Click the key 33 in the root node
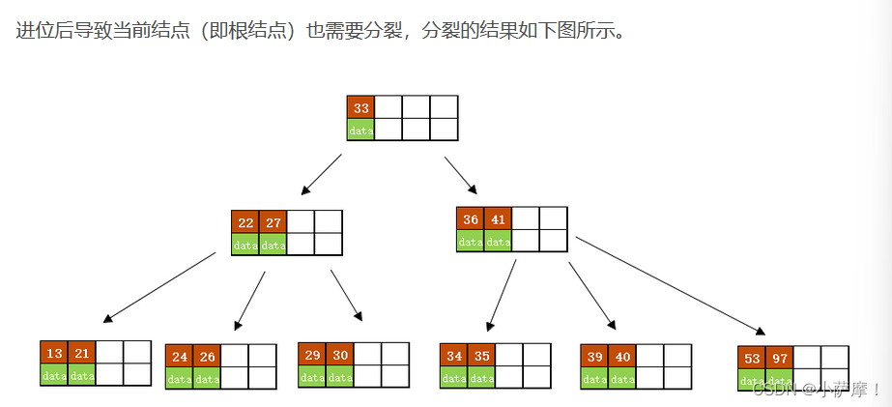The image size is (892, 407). [x=361, y=107]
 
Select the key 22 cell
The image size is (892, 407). [x=245, y=220]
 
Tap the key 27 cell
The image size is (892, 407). [x=273, y=220]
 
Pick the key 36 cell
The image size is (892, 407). [x=471, y=218]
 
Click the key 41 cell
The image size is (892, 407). [x=498, y=218]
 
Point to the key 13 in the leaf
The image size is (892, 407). [x=54, y=353]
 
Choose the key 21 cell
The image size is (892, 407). [x=82, y=353]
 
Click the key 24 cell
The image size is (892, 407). [x=180, y=356]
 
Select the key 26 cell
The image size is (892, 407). [x=208, y=356]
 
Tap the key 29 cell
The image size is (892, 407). [x=312, y=355]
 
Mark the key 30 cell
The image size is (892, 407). [x=340, y=355]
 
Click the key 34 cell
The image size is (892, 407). [x=454, y=355]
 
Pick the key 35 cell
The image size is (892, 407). [x=482, y=355]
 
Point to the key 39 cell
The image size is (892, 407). [x=595, y=355]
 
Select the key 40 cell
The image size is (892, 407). [x=623, y=355]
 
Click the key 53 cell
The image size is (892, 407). [x=752, y=358]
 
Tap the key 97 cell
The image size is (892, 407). [x=780, y=358]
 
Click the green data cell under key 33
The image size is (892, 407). [x=361, y=130]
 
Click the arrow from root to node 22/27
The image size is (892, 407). [x=323, y=173]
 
